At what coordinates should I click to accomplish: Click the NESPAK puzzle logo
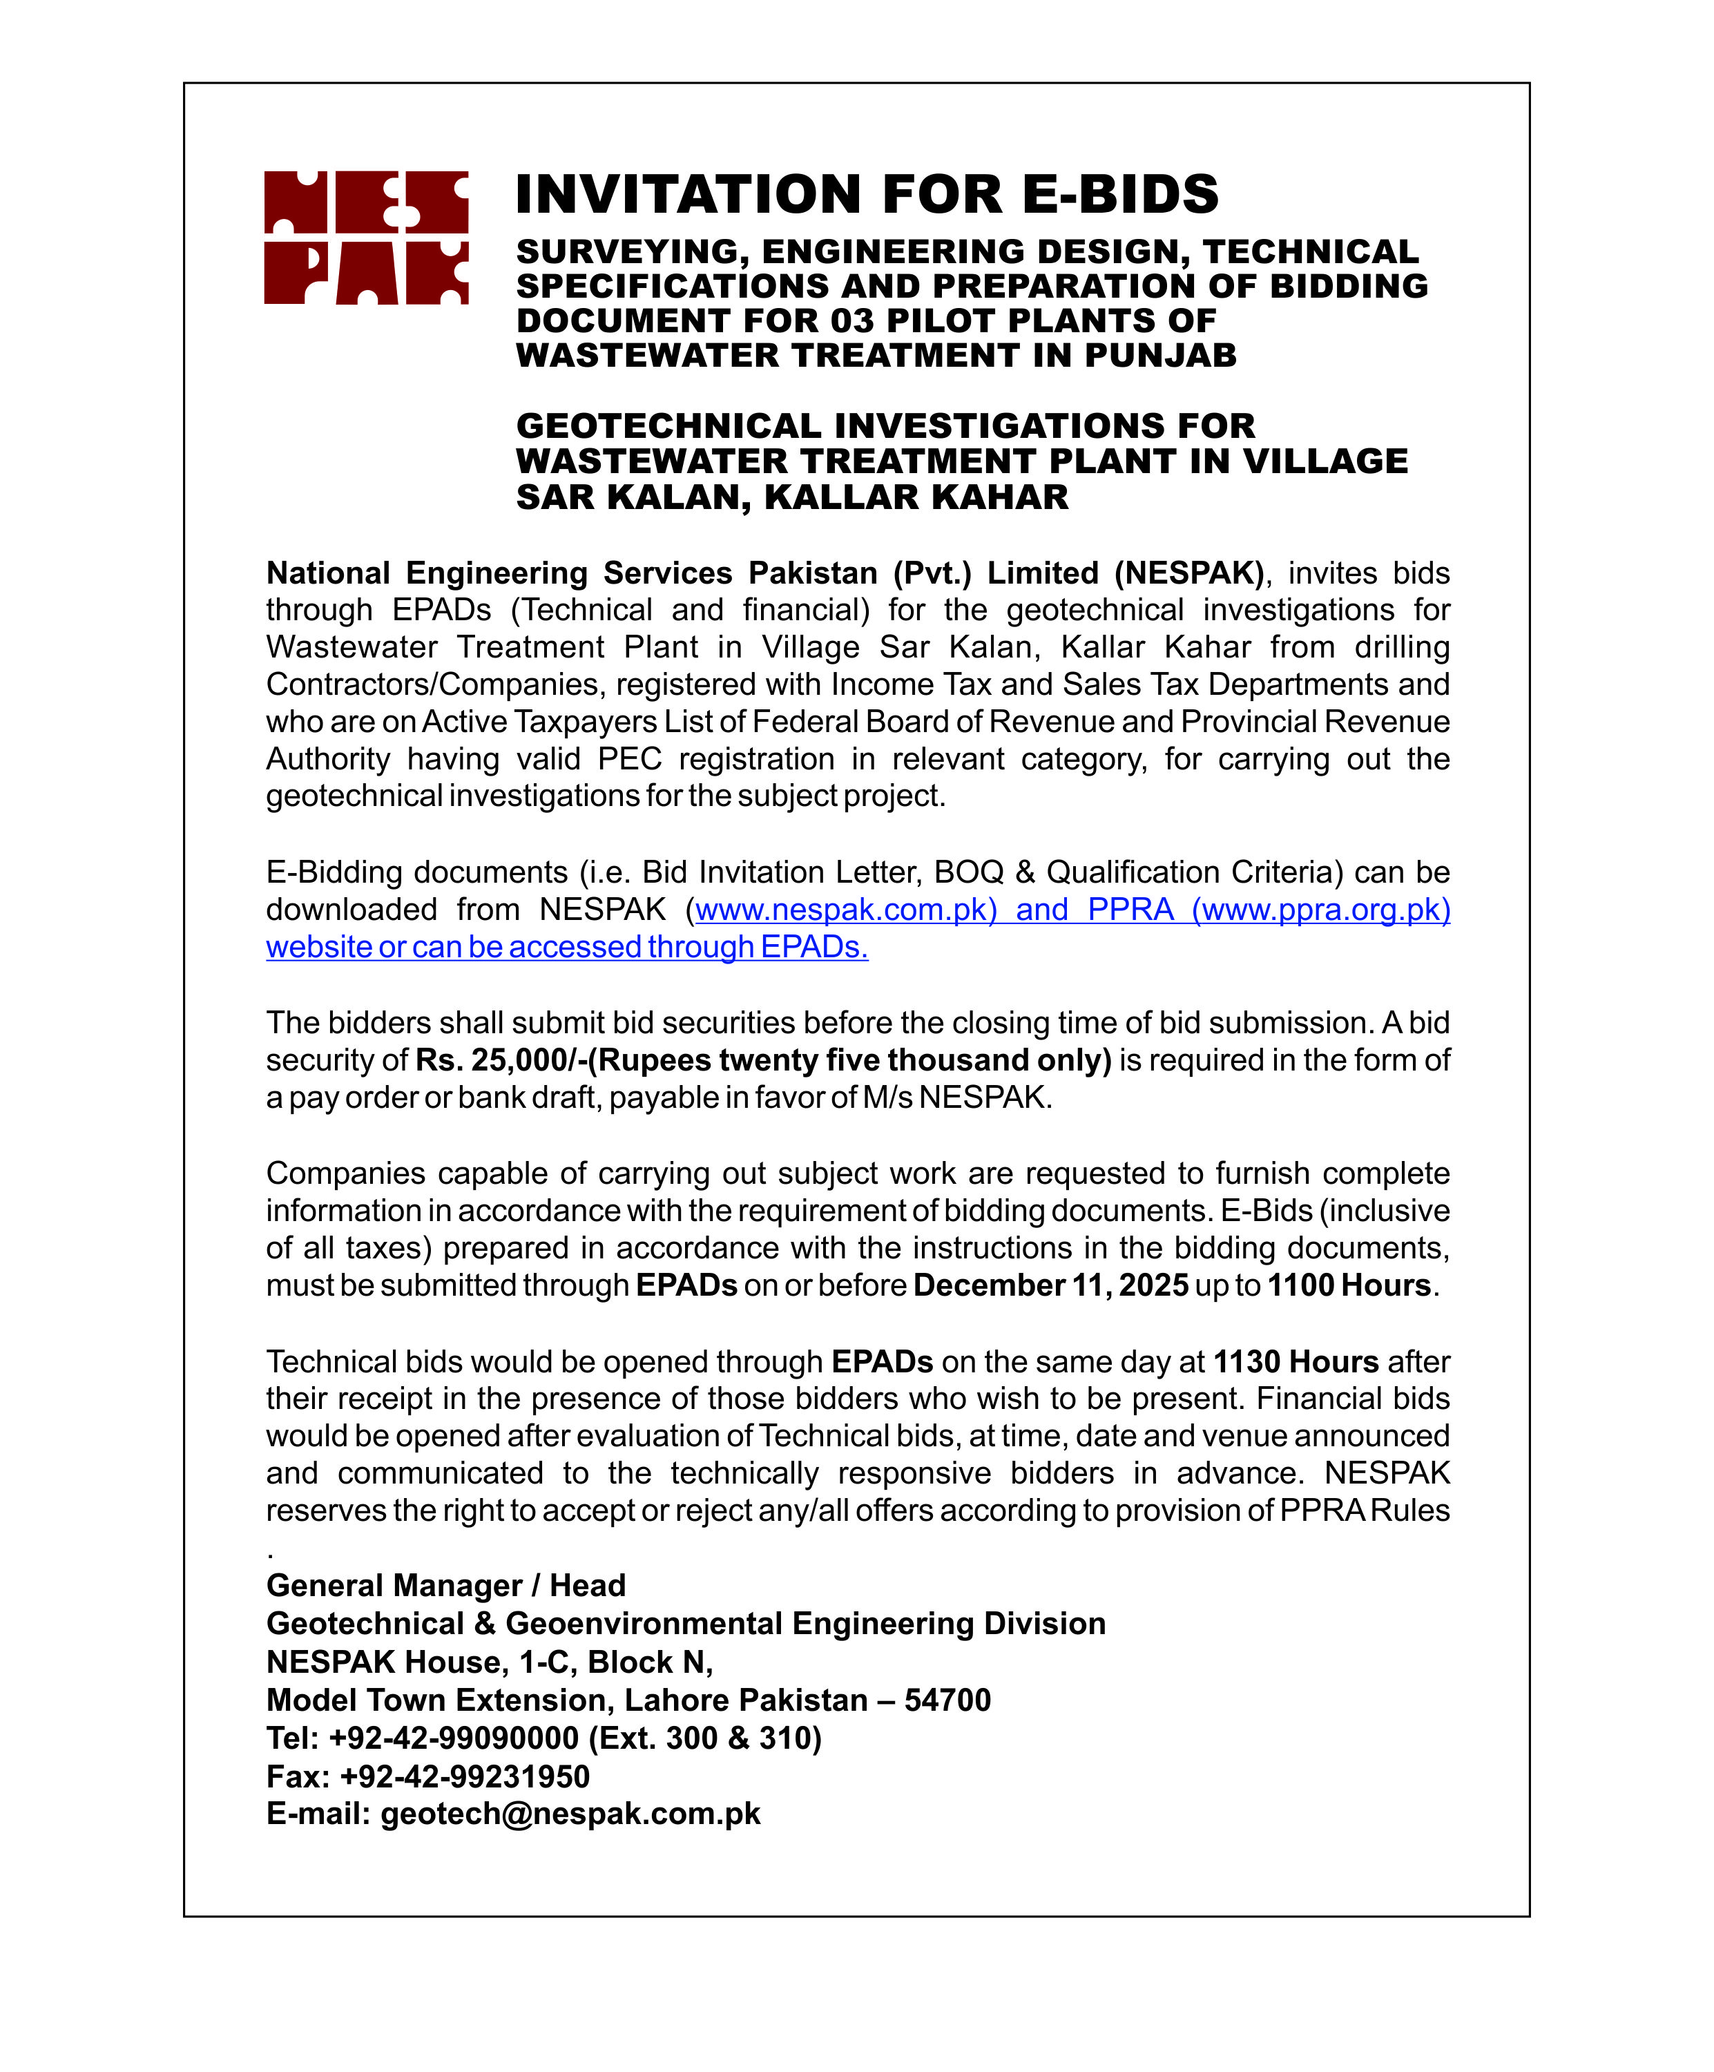365,238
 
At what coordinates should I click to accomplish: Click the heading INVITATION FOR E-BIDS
867,194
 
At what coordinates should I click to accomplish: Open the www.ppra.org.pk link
1321,909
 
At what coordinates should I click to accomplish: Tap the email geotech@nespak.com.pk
570,1814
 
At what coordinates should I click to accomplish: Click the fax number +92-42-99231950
464,1776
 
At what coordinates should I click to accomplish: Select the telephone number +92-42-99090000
453,1738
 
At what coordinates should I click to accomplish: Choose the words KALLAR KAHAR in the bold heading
916,497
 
